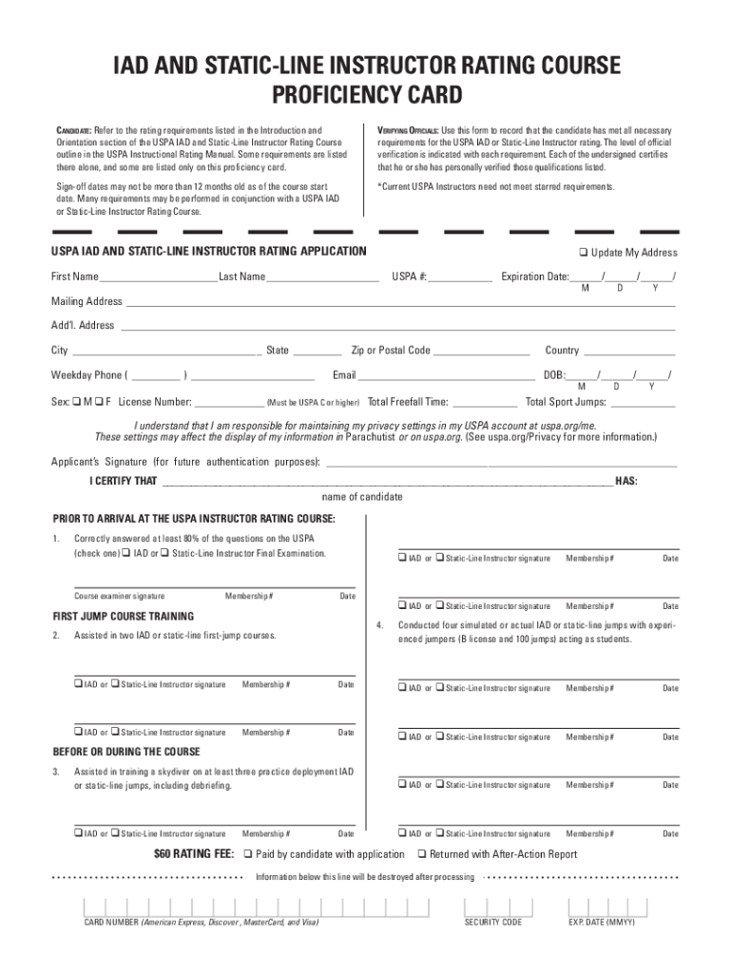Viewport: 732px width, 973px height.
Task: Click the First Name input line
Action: point(158,278)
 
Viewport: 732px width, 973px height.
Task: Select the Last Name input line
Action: point(323,278)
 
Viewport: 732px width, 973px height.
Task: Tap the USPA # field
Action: point(460,278)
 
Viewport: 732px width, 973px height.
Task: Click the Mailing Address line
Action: point(399,303)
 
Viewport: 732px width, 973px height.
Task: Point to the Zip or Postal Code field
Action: point(482,352)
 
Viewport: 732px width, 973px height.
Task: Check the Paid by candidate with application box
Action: point(249,854)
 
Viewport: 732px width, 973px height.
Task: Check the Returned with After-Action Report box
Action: point(422,854)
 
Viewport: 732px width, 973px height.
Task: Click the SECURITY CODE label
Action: point(492,923)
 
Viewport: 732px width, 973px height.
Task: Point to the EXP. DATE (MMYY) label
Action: point(601,923)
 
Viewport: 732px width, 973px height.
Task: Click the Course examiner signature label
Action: point(119,597)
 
